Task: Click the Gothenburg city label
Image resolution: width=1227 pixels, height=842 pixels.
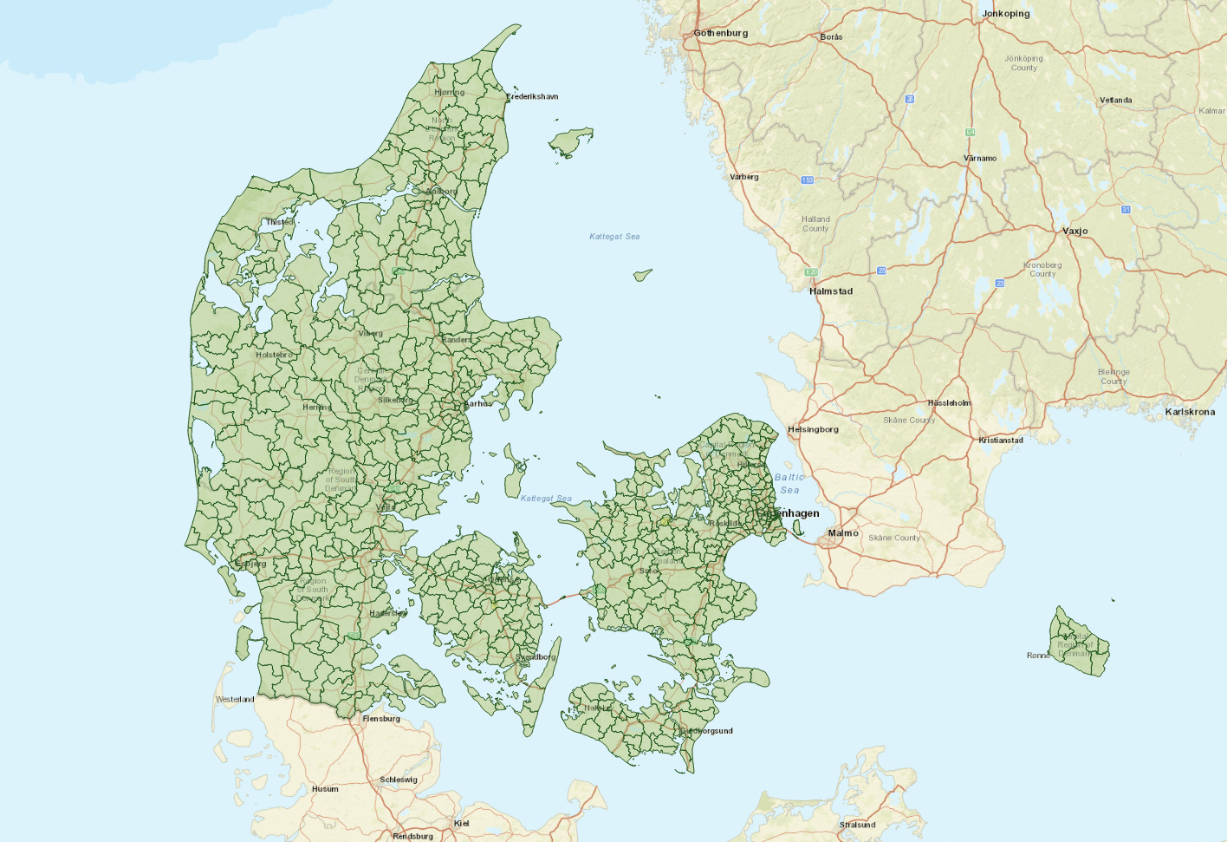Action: click(x=720, y=33)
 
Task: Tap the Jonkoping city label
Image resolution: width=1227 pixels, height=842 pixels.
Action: click(x=1005, y=14)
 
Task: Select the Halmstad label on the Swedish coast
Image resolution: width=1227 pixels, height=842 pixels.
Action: click(x=830, y=291)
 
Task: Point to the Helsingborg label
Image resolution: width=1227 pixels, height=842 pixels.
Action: click(x=812, y=429)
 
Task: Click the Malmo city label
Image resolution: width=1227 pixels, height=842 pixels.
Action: click(x=842, y=533)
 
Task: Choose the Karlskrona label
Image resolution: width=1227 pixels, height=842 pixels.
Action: click(x=1189, y=412)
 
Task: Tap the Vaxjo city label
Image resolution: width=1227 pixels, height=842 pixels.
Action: click(x=1074, y=232)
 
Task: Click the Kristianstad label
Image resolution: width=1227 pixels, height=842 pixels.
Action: click(x=1000, y=441)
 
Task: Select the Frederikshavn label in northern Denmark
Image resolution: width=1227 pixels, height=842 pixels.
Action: click(x=532, y=96)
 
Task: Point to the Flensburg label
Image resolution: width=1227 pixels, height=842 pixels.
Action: click(x=381, y=719)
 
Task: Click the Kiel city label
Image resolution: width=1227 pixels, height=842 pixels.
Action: click(x=461, y=823)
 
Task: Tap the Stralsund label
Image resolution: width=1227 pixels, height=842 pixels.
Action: click(x=857, y=825)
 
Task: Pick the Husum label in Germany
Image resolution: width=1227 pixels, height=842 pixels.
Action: click(x=325, y=789)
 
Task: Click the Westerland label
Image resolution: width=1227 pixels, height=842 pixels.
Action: click(x=235, y=699)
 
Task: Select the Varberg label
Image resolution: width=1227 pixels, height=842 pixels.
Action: click(x=743, y=177)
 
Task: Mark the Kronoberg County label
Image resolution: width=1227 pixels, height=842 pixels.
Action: click(x=1042, y=270)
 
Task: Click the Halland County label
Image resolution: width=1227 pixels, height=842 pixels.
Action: click(x=815, y=224)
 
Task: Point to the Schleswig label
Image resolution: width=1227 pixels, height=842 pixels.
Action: click(x=398, y=780)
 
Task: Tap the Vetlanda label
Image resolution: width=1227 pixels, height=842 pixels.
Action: click(x=1115, y=101)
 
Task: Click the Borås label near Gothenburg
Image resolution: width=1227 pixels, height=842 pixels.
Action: click(x=830, y=37)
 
